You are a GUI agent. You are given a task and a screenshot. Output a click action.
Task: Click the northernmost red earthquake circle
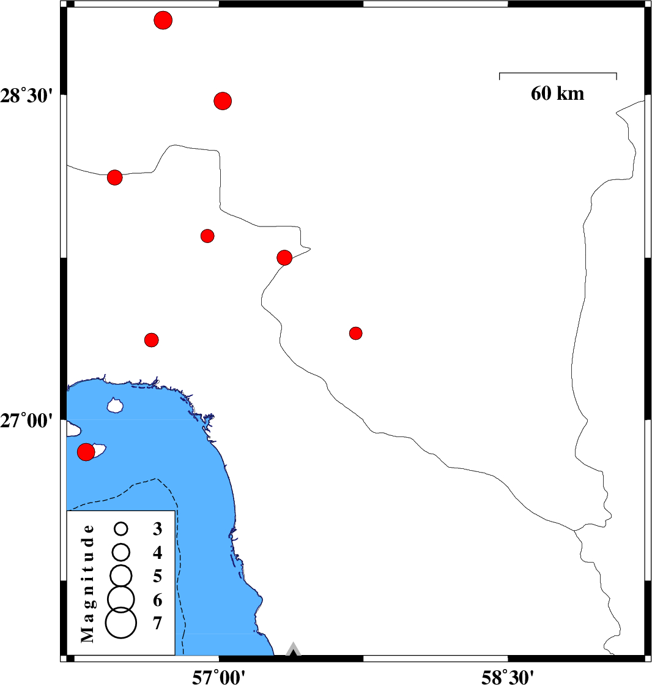(163, 20)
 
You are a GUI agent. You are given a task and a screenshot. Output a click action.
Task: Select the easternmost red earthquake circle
(356, 333)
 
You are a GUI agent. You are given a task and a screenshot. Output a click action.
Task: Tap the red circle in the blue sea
(86, 452)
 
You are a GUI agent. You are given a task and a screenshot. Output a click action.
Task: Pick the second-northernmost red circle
(223, 100)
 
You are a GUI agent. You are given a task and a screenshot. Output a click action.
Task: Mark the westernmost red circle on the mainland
(114, 178)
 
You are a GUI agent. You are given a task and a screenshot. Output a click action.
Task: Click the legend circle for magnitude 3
(120, 528)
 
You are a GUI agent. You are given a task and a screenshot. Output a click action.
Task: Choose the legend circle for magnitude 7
(120, 623)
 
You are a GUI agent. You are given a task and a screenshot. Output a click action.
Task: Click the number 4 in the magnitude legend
(157, 553)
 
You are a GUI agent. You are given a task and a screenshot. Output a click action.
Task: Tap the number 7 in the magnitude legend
(157, 623)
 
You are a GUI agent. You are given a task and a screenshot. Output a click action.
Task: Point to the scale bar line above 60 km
(558, 73)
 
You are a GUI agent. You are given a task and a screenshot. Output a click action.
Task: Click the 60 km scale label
(557, 94)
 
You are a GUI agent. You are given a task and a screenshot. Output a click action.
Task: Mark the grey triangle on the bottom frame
(294, 649)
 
